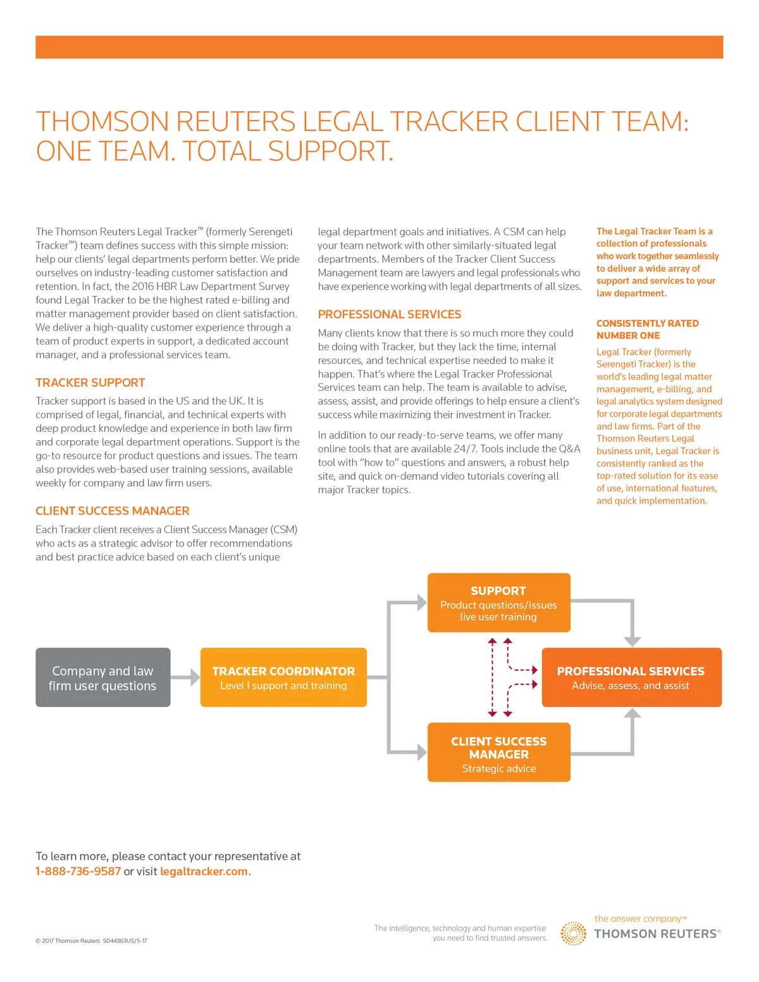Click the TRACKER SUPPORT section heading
click(x=90, y=383)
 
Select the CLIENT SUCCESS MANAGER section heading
click(x=113, y=511)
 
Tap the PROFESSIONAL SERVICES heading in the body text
click(x=390, y=314)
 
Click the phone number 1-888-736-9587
click(x=78, y=871)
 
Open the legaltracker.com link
click(x=204, y=871)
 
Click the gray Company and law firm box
click(x=102, y=677)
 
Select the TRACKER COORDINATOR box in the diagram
click(x=283, y=677)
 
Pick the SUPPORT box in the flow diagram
click(x=498, y=603)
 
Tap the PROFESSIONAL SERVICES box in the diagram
click(x=631, y=677)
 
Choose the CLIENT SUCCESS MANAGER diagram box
click(x=498, y=752)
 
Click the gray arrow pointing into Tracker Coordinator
click(x=186, y=677)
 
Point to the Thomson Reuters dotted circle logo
click(x=574, y=933)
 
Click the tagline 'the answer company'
click(x=638, y=919)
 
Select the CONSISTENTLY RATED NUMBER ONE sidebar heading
click(x=647, y=329)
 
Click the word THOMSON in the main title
click(x=102, y=121)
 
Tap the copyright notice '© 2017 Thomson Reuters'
click(x=68, y=941)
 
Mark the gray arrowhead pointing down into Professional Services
click(x=632, y=641)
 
